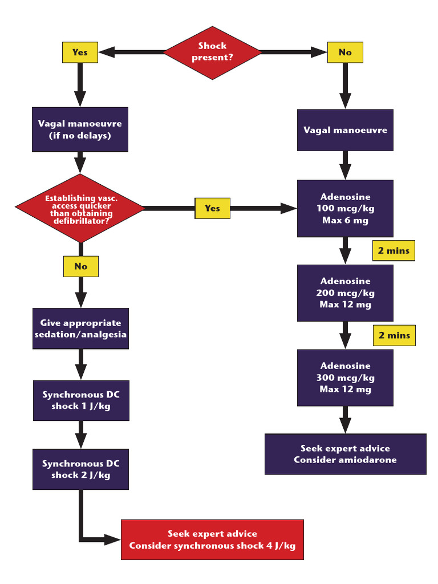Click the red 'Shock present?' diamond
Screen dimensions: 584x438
click(212, 52)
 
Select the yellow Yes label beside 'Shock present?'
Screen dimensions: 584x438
click(80, 52)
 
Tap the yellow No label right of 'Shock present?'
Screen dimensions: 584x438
click(345, 52)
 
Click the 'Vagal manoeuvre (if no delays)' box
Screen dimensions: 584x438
click(80, 129)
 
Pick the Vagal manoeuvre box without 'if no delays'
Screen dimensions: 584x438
click(345, 130)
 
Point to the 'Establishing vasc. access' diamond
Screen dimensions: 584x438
click(80, 208)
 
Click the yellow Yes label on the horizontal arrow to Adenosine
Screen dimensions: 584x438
click(212, 208)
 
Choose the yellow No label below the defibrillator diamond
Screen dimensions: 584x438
click(81, 266)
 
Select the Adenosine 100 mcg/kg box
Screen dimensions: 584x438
click(345, 208)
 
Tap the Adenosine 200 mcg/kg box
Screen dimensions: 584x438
click(345, 293)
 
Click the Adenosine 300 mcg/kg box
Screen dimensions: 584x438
click(345, 378)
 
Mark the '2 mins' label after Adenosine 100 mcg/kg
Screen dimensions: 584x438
click(394, 251)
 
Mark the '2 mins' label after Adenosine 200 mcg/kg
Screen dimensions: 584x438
click(394, 335)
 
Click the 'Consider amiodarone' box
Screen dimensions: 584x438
click(345, 454)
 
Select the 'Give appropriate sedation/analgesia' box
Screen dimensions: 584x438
click(80, 328)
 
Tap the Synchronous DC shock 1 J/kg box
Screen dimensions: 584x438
click(81, 400)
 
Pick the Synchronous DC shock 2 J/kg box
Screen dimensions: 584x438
click(80, 469)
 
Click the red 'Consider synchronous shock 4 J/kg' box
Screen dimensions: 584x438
click(212, 540)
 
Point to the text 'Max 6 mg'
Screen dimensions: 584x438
click(345, 221)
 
